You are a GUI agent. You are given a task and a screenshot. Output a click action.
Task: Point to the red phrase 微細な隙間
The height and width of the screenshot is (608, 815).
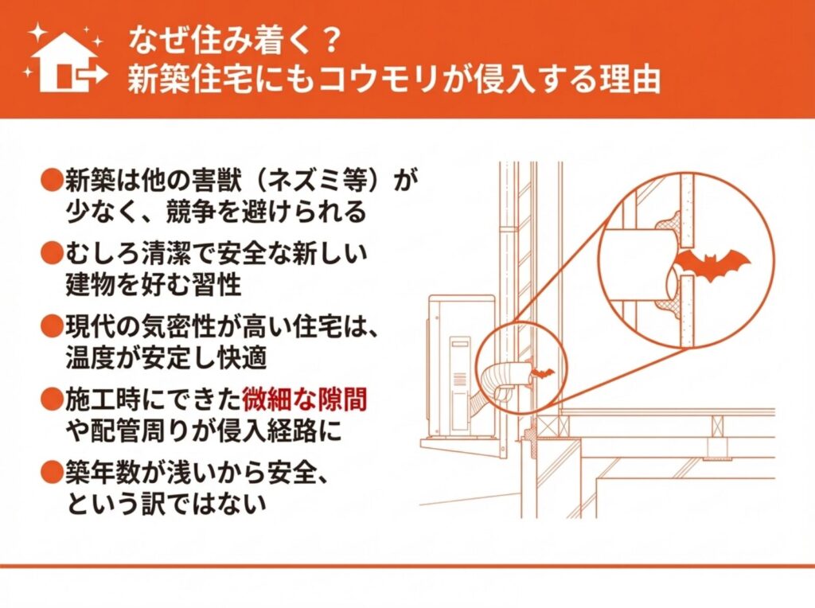tap(305, 399)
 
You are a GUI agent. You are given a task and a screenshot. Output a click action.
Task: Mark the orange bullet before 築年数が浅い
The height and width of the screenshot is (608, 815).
tap(52, 472)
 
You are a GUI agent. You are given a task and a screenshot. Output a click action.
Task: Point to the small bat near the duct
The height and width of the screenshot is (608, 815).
tap(542, 373)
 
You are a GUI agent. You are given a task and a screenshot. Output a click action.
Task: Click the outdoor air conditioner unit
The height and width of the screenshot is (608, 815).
tap(461, 366)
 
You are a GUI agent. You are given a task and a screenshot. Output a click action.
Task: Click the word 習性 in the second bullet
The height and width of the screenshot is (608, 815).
tap(217, 284)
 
